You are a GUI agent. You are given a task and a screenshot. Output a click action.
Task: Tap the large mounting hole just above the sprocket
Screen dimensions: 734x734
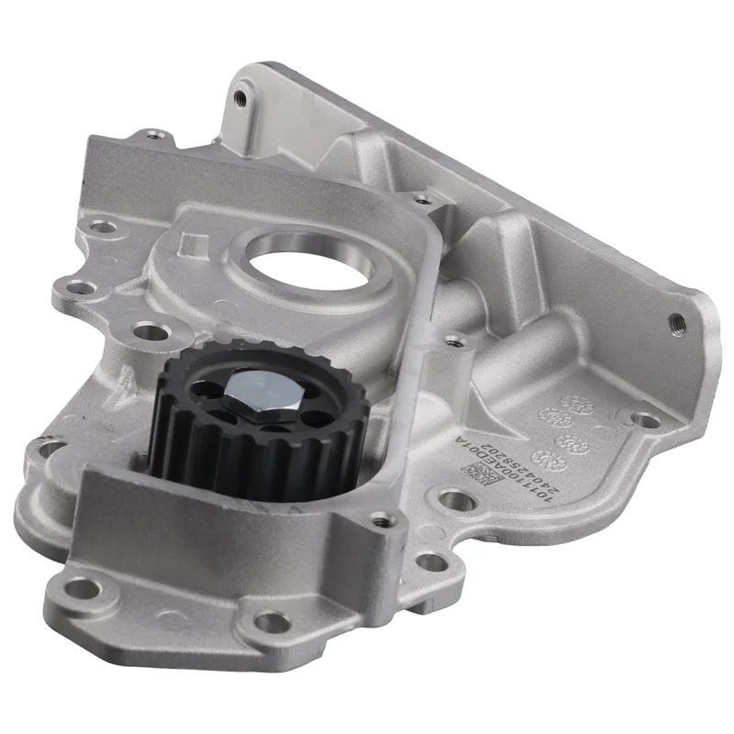[145, 330]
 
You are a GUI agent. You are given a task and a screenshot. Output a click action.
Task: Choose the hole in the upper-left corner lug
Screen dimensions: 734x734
[152, 138]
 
